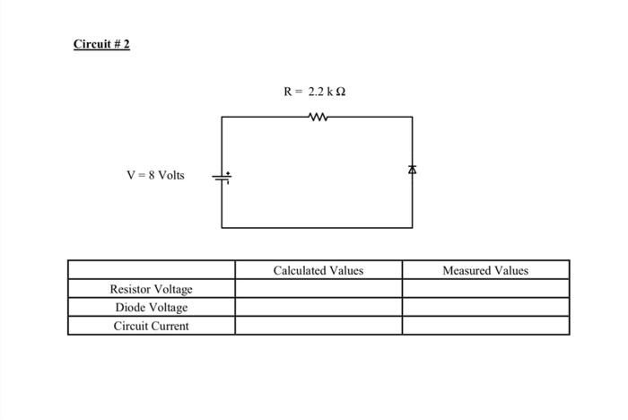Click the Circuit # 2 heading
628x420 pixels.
[x=101, y=44]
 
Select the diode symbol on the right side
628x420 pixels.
[x=413, y=169]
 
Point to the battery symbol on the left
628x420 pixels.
[x=222, y=178]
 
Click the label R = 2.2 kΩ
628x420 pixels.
[x=314, y=92]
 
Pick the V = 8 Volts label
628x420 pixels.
[x=155, y=175]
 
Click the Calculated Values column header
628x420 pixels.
[x=318, y=270]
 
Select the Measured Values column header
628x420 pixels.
[x=485, y=270]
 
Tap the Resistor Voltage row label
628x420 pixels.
[x=151, y=289]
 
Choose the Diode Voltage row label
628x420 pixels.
[x=151, y=307]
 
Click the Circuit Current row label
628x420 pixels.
[x=151, y=326]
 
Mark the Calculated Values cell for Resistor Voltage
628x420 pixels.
[x=318, y=289]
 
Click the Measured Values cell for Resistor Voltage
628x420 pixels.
[x=485, y=289]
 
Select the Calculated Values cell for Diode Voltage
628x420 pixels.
[x=318, y=307]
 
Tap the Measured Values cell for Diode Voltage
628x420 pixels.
[x=485, y=307]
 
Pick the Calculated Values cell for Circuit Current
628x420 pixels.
[x=318, y=326]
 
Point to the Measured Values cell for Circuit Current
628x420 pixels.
[x=485, y=326]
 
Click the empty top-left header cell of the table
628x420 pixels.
[x=151, y=270]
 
